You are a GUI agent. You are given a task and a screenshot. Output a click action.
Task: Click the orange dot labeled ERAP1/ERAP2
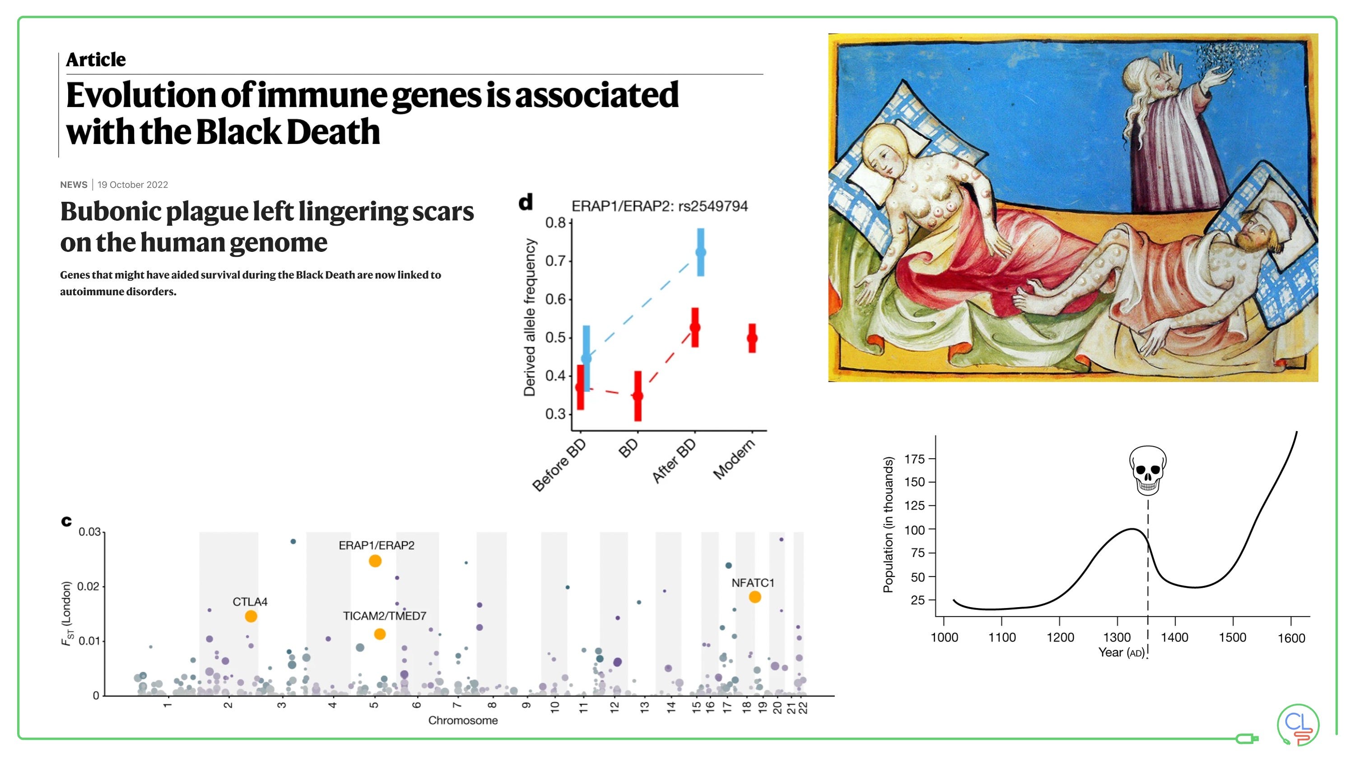tap(374, 561)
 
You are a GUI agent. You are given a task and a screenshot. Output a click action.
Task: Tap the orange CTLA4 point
tap(251, 616)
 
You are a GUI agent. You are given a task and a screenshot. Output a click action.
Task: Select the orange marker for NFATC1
tap(754, 597)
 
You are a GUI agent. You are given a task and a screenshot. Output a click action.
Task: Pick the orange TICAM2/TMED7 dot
tap(379, 634)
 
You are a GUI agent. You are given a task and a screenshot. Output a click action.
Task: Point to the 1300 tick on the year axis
tap(1117, 637)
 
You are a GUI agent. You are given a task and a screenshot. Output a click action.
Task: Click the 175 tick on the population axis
tap(915, 459)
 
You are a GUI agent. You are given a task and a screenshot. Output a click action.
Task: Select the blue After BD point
tap(701, 252)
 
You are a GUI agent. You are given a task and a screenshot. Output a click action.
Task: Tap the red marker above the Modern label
tap(752, 338)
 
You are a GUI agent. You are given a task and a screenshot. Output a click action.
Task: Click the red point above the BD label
tap(638, 395)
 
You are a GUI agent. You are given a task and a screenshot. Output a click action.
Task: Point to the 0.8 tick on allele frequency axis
tap(555, 223)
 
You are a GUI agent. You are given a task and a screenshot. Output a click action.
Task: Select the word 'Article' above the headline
tap(96, 60)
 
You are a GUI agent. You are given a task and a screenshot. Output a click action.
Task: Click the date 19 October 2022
tap(133, 185)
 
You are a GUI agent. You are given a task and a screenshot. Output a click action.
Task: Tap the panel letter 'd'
tap(526, 202)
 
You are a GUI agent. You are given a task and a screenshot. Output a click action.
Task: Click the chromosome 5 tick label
tap(374, 705)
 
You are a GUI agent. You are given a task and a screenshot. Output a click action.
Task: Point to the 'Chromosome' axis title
tap(462, 720)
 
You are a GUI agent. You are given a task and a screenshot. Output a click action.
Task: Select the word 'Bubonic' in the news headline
tap(111, 211)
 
